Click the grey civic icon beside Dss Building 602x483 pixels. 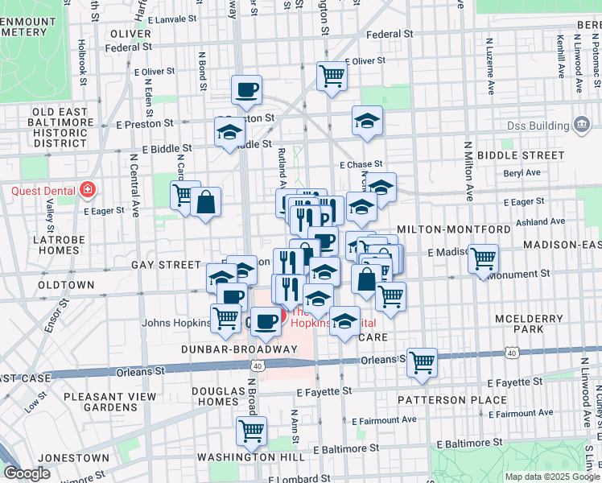coord(581,125)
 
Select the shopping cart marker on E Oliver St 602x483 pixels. coord(331,76)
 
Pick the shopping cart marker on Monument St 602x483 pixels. coord(483,259)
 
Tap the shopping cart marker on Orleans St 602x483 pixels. coord(422,362)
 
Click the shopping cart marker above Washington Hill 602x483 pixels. coord(251,431)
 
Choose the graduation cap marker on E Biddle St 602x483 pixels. coord(229,131)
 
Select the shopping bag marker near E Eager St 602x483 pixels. coord(206,203)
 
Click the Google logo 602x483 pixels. coord(27,473)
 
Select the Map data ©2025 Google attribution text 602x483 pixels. coord(552,477)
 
